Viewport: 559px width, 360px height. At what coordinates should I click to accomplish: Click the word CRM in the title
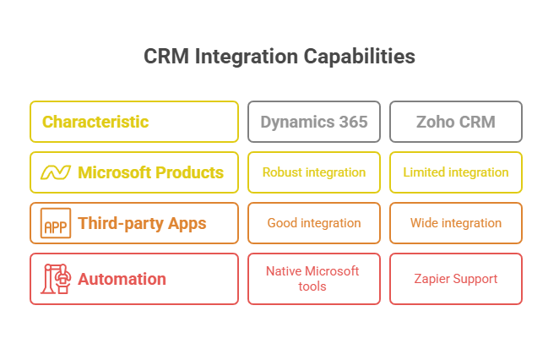point(166,57)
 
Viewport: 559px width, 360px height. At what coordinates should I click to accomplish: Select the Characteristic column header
point(134,122)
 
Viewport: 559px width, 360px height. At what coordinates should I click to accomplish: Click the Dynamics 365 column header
point(314,122)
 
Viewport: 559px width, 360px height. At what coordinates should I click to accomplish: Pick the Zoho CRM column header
point(456,122)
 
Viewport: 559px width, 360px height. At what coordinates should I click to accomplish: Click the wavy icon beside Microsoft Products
point(56,172)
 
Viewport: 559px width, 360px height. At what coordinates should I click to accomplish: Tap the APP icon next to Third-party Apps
point(56,223)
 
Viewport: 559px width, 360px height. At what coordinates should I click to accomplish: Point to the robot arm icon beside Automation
point(56,279)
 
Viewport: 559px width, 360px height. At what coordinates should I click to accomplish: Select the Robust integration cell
point(314,172)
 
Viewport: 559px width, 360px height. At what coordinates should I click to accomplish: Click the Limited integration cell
point(456,172)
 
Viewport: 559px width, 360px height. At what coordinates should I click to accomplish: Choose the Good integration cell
point(314,223)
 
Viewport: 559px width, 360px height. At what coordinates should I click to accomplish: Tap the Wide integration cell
point(456,223)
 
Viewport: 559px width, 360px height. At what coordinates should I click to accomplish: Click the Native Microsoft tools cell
point(314,279)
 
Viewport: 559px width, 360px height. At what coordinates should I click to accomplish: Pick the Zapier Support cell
point(456,279)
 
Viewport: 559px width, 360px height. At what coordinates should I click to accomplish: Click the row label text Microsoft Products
point(151,172)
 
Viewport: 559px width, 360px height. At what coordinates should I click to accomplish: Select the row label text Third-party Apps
point(142,224)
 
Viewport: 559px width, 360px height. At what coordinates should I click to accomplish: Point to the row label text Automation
point(122,279)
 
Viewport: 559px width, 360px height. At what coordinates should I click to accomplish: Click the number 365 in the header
point(353,122)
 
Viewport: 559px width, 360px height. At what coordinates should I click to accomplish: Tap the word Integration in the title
point(247,57)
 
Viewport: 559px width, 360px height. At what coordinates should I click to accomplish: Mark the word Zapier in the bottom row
point(431,279)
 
